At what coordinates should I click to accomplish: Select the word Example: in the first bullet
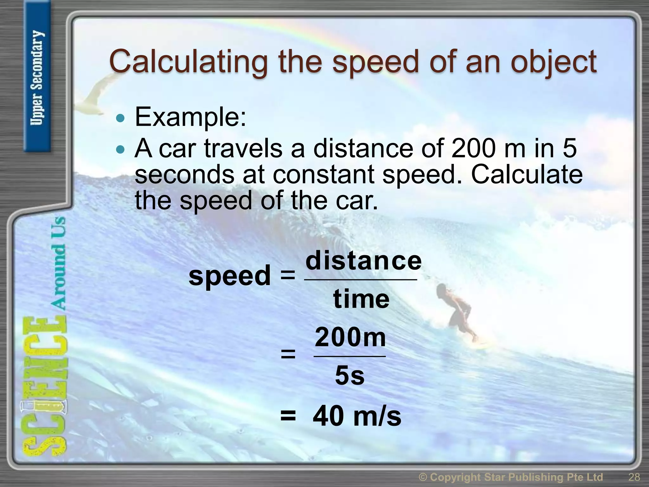tap(190, 117)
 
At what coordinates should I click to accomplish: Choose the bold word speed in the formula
tap(229, 275)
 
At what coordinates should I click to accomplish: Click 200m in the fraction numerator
tap(350, 337)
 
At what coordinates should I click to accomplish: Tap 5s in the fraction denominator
tap(350, 376)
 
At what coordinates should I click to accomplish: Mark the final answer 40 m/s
tap(357, 416)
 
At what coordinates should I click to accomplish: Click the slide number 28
tap(634, 477)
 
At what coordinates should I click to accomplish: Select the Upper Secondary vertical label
tap(37, 78)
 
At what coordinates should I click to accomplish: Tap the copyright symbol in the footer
tap(423, 477)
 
